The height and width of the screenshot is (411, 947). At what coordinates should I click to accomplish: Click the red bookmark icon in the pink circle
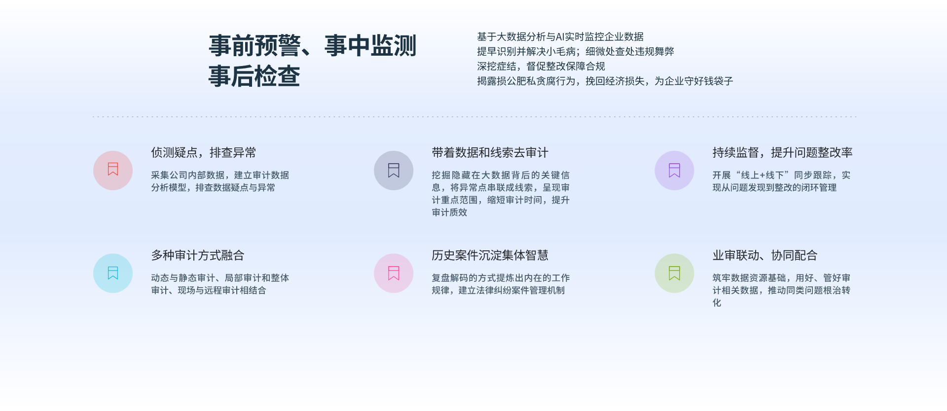(113, 170)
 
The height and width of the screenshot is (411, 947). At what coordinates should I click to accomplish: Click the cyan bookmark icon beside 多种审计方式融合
(113, 273)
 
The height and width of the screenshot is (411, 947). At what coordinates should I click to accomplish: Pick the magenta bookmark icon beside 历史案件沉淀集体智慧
(394, 273)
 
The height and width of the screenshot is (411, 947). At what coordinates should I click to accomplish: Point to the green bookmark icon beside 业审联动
(674, 273)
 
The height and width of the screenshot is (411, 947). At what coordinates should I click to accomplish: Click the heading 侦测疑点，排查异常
(204, 153)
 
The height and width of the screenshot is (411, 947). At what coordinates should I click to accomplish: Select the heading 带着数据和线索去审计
(490, 153)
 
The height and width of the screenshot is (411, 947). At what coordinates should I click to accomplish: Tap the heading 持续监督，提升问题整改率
(782, 153)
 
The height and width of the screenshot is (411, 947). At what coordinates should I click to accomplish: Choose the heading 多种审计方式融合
(198, 255)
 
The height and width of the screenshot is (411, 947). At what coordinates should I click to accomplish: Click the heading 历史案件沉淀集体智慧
(490, 255)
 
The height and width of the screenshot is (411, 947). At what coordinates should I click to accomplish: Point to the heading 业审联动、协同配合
(765, 255)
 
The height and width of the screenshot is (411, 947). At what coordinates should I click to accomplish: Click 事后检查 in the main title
(255, 77)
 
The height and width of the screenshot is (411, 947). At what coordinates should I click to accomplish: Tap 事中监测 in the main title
(370, 46)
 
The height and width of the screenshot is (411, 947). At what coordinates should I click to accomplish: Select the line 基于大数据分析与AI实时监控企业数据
(560, 37)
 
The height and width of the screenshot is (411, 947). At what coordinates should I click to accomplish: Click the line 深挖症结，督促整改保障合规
(541, 67)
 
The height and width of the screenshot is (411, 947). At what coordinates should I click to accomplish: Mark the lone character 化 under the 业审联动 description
(717, 303)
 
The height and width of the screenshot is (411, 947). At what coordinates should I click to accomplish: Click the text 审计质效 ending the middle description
(449, 212)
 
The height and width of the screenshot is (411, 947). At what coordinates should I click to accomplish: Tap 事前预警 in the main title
(255, 46)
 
